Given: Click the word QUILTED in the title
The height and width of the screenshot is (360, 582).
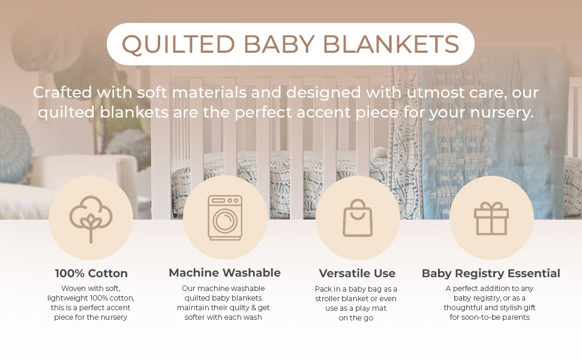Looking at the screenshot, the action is [179, 44].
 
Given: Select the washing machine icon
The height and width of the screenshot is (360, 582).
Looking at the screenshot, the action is [225, 218].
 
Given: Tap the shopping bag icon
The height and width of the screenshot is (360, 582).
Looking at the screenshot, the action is [358, 218].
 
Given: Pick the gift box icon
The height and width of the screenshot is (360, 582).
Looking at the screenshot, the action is [491, 218].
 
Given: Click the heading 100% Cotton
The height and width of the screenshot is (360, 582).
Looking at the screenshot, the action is [91, 274].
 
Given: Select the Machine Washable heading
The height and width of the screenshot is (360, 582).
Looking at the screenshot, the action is [224, 273].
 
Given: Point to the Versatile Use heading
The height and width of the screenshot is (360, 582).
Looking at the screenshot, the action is [357, 274].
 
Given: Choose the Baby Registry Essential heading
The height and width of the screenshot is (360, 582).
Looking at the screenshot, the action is [491, 274].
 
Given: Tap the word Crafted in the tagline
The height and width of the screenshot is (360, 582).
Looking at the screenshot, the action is [62, 92].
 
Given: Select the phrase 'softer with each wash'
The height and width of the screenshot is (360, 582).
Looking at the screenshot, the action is [223, 317].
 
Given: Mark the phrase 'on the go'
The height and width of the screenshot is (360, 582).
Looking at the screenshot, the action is [356, 318].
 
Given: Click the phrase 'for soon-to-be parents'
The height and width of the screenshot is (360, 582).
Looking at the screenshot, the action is [490, 317].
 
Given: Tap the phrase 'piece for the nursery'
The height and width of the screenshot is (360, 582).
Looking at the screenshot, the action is [91, 317].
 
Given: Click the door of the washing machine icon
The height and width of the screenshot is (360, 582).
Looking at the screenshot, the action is [225, 221].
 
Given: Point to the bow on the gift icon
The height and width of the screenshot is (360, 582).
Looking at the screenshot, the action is [491, 206].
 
